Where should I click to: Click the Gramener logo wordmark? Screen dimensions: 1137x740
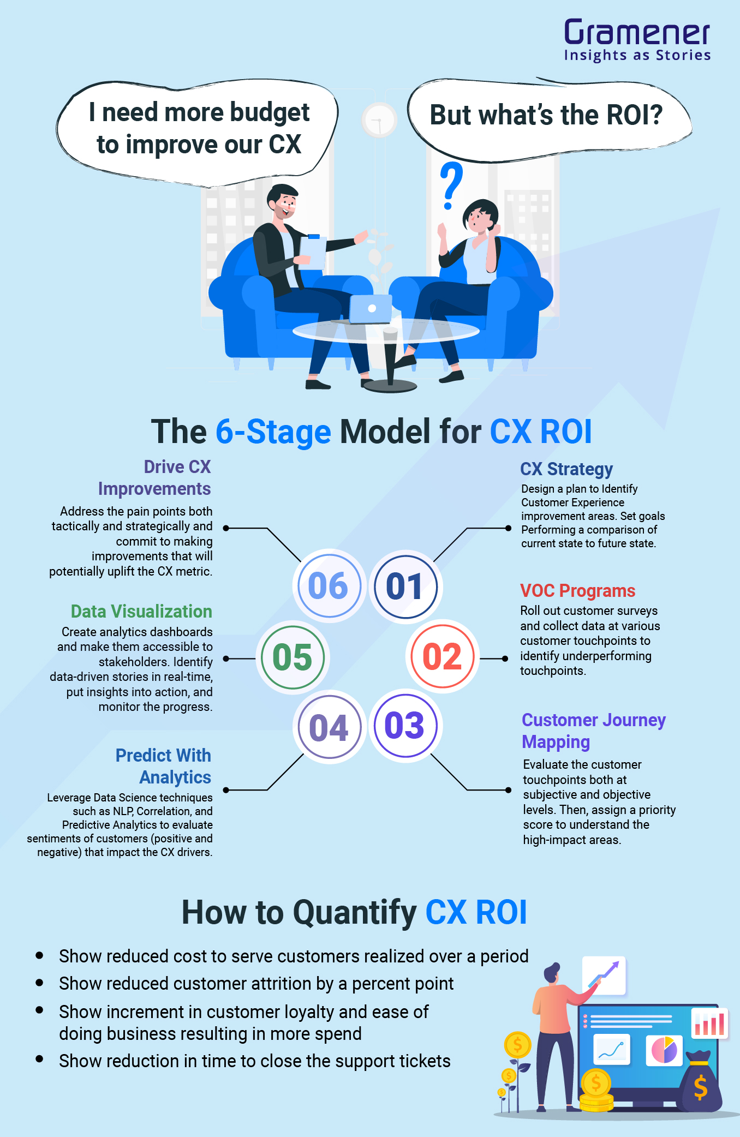(637, 33)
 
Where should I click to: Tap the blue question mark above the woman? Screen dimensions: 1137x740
(451, 185)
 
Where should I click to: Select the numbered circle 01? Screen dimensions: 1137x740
(405, 587)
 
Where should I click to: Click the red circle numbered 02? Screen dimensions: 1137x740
(442, 656)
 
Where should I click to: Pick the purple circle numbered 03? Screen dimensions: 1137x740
(405, 726)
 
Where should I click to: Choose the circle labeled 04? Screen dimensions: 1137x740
(329, 727)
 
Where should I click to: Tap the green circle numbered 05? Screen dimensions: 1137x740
(293, 657)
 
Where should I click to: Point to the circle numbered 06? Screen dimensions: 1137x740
(329, 586)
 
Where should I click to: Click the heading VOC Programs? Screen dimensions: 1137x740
(577, 590)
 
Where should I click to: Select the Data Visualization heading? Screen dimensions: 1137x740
(141, 611)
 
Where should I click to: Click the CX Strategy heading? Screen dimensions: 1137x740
(566, 469)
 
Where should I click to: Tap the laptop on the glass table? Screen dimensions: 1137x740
(371, 309)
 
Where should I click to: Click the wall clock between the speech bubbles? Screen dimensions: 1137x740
(378, 120)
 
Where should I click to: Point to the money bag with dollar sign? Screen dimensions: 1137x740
(700, 1083)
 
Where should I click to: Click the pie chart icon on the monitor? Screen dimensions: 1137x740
(664, 1050)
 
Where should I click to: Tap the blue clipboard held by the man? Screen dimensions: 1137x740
(313, 252)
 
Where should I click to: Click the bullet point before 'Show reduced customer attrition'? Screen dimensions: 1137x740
(39, 983)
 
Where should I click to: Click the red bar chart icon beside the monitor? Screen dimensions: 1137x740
(710, 1024)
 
